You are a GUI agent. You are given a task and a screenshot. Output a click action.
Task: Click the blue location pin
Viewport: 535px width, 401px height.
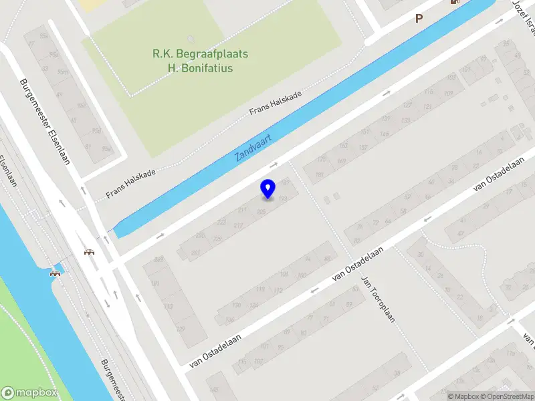(x=267, y=188)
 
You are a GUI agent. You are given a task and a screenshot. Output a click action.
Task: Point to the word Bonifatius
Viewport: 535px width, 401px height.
(x=200, y=68)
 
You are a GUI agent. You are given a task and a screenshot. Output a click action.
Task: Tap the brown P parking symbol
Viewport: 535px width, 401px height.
(x=419, y=19)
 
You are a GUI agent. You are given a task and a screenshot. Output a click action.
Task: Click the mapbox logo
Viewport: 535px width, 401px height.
(x=29, y=393)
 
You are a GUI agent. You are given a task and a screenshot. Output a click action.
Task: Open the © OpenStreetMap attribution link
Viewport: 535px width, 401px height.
(x=507, y=396)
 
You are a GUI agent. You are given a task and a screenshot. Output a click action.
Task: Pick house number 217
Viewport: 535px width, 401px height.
(x=238, y=225)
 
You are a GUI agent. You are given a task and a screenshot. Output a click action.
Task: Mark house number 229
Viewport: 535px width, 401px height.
(x=217, y=239)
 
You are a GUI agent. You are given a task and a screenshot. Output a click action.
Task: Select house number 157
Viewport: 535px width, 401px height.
(x=363, y=147)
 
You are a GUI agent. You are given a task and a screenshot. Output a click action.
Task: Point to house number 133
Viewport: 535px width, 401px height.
(x=405, y=120)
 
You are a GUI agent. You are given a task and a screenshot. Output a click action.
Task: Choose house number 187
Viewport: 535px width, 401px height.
(x=286, y=182)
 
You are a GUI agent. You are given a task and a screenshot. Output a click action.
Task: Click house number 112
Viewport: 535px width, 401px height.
(x=278, y=291)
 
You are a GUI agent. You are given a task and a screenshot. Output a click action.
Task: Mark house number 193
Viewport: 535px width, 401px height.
(x=283, y=198)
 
